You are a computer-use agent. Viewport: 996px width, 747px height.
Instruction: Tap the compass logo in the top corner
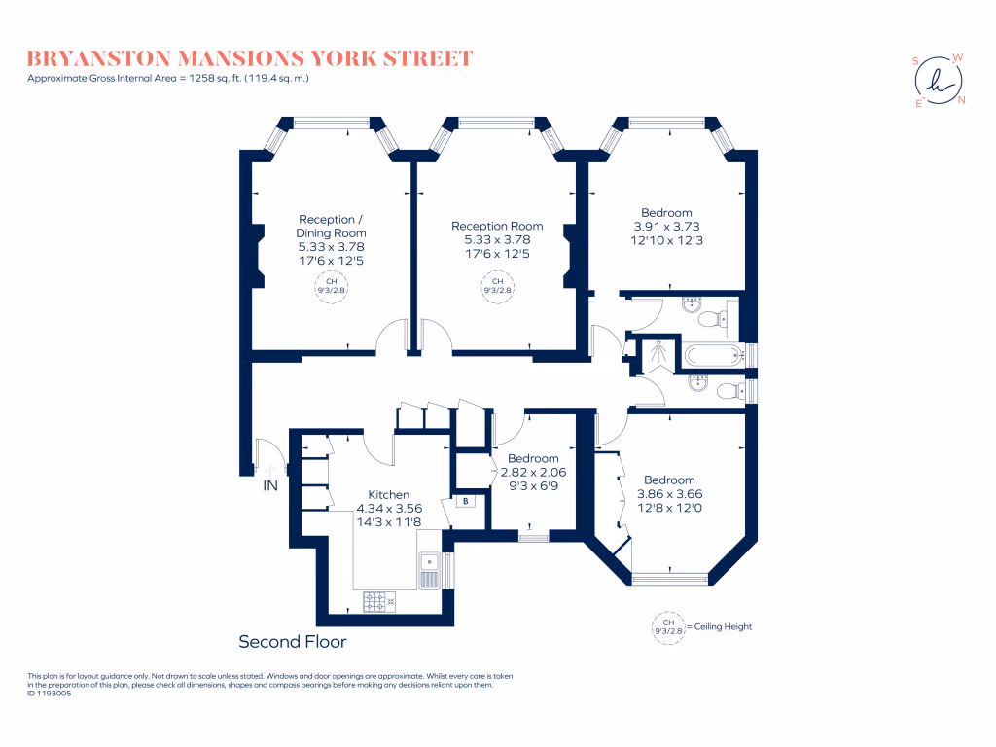tap(939, 80)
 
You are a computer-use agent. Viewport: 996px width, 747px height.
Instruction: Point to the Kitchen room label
tap(388, 494)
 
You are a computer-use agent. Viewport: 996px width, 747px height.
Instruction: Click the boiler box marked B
tap(466, 503)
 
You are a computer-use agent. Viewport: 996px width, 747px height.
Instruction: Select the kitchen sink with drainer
tap(429, 571)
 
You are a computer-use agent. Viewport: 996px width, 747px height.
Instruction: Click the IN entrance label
tap(270, 485)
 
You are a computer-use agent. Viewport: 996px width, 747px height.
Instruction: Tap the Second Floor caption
tap(293, 642)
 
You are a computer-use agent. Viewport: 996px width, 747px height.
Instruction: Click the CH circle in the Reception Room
tap(497, 286)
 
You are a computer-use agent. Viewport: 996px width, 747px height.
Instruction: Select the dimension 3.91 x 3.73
tap(666, 227)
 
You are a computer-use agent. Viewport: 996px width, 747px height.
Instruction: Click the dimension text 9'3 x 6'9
tap(533, 485)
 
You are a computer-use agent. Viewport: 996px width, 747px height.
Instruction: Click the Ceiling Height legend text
tap(722, 627)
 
